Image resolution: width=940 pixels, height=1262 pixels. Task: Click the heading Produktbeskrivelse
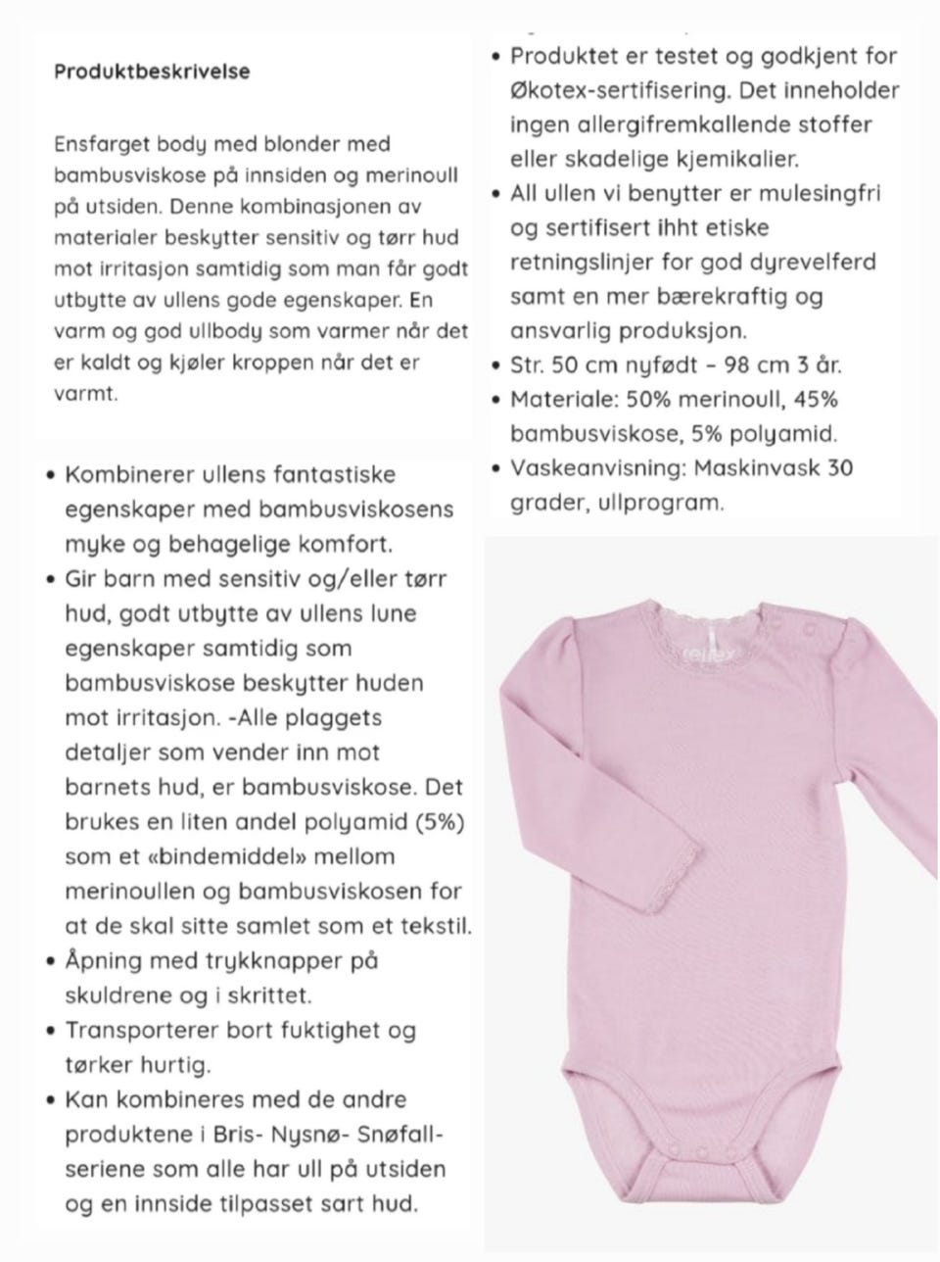tap(152, 72)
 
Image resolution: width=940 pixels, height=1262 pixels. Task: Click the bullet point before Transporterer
tap(49, 1031)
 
